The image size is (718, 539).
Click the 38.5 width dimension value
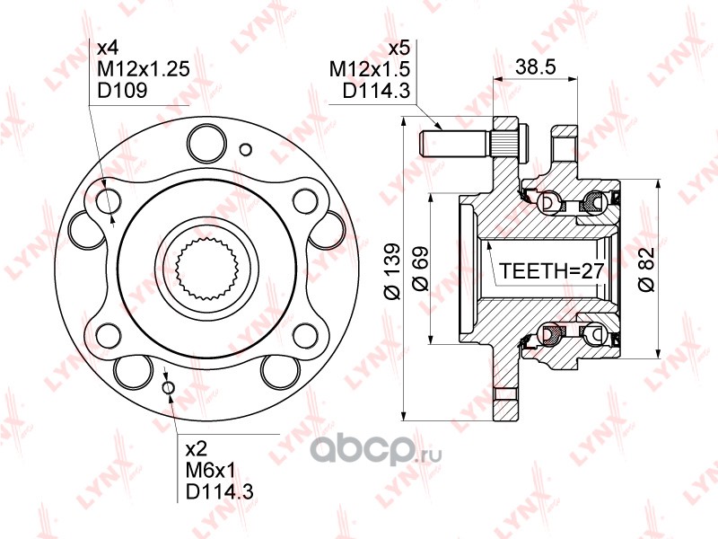[x=535, y=66]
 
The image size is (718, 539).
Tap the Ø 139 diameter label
[x=393, y=271]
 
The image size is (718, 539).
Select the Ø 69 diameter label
[x=420, y=269]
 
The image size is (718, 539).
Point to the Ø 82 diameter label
[x=647, y=269]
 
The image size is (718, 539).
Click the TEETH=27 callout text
[x=552, y=271]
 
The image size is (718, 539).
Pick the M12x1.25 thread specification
[x=144, y=69]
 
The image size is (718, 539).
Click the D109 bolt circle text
[x=123, y=90]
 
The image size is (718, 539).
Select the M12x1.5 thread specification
[x=370, y=69]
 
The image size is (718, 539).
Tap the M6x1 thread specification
[x=210, y=470]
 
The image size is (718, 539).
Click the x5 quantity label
[x=398, y=49]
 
